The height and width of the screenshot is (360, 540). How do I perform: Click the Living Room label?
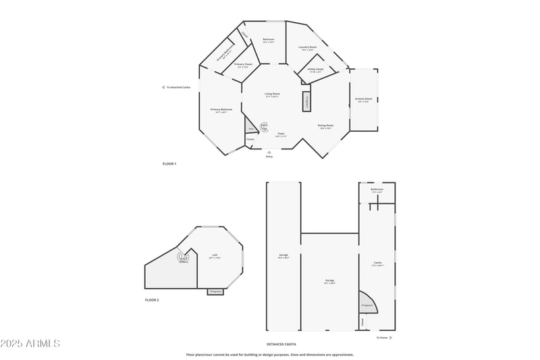[x=272, y=94]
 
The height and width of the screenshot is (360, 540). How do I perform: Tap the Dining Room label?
[x=325, y=126]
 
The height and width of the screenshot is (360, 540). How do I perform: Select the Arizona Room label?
[x=364, y=99]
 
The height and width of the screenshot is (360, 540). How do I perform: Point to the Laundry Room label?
[x=308, y=47]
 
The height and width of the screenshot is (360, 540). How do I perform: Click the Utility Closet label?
[x=316, y=70]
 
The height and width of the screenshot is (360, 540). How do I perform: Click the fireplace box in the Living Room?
[x=306, y=100]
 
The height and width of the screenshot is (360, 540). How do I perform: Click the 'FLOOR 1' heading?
[x=169, y=164]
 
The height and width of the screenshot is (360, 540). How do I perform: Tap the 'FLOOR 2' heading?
[x=152, y=300]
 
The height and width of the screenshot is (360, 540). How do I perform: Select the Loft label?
[x=215, y=256]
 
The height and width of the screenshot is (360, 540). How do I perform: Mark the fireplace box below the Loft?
[x=215, y=292]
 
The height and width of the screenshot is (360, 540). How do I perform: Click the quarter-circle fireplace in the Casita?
[x=365, y=302]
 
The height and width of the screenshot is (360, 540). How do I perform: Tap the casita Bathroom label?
[x=377, y=191]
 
